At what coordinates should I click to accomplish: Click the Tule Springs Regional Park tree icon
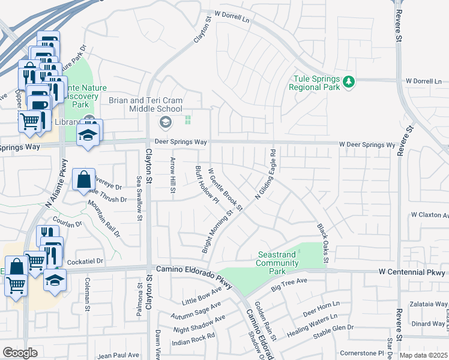point(348,82)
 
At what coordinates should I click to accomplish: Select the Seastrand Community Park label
point(277,263)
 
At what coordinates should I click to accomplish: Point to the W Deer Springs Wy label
point(367,145)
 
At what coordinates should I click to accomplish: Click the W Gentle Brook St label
point(224,190)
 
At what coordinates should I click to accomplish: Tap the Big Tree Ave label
point(289,285)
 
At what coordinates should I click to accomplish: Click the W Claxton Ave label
point(429,214)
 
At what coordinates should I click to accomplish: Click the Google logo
point(20,352)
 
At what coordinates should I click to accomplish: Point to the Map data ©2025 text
point(423,355)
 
